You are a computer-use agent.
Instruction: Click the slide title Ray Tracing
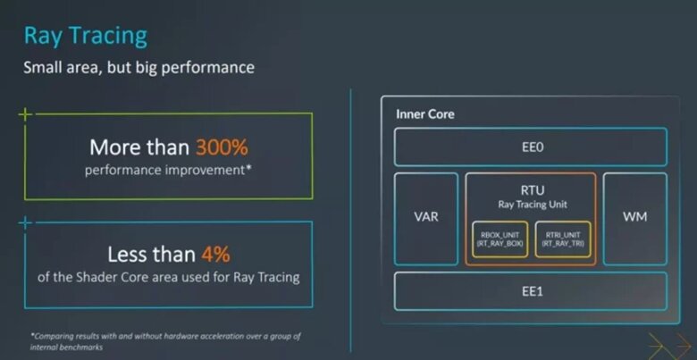86,37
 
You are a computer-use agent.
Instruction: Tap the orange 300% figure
222,147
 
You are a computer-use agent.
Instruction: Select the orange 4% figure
215,255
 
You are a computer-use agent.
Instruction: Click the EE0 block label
532,147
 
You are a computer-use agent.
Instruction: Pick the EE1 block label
532,291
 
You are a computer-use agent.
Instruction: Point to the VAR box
426,219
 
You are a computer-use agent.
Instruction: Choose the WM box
634,219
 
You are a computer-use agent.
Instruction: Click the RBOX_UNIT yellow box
500,239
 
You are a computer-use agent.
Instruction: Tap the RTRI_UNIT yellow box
563,239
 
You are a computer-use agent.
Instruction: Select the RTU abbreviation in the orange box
532,190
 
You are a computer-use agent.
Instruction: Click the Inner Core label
425,114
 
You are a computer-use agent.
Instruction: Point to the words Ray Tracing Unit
532,205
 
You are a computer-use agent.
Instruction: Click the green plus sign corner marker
25,114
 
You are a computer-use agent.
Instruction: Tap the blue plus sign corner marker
25,222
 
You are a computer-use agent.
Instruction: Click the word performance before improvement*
122,171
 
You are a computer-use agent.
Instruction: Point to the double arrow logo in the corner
670,346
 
